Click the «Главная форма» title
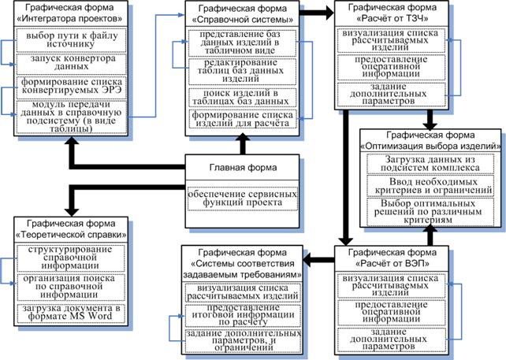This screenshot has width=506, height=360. click(243, 168)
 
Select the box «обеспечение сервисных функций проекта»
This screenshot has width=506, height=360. click(242, 199)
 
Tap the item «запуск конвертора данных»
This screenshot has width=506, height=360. click(71, 63)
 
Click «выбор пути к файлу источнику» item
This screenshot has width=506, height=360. click(71, 40)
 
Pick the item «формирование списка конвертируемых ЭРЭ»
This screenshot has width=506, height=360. click(71, 87)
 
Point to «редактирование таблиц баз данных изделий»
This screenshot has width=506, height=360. click(242, 71)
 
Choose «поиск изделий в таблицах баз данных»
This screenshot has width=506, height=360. click(242, 98)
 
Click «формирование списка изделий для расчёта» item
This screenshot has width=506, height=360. click(242, 119)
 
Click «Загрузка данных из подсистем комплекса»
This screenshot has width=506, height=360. click(430, 164)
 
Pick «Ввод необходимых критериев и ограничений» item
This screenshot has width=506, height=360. click(430, 186)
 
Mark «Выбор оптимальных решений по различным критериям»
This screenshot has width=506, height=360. click(430, 212)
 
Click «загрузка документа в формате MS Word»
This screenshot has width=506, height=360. click(71, 313)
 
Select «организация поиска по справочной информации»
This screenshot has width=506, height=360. click(71, 287)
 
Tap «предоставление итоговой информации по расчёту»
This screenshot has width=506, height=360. click(243, 315)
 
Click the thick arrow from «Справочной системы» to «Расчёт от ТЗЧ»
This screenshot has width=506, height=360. click(317, 13)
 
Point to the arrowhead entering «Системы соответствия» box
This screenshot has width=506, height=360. click(307, 259)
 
